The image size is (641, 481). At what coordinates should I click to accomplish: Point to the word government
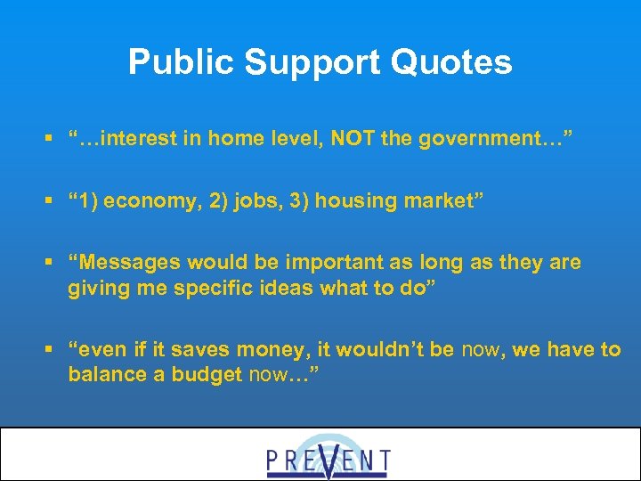(x=482, y=139)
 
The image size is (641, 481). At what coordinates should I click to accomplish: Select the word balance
(x=102, y=375)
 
